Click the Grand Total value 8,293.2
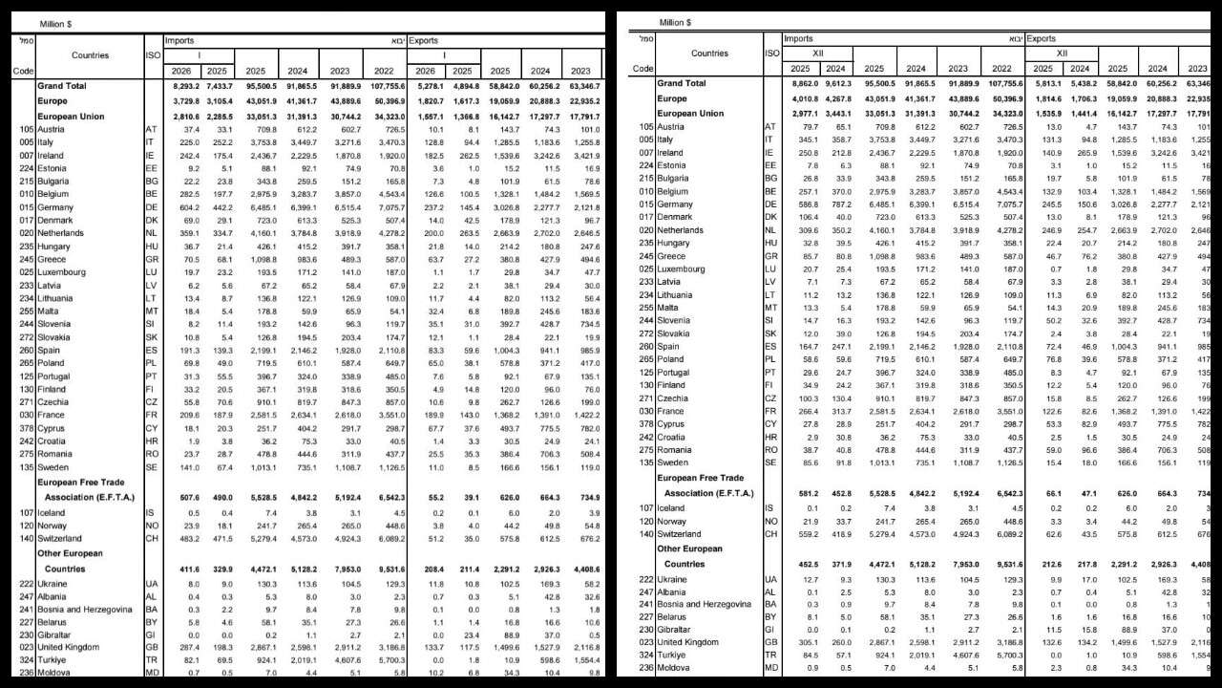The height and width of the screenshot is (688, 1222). tap(183, 86)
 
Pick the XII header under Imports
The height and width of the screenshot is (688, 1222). tap(817, 54)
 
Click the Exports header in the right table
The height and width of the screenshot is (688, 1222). tap(1043, 39)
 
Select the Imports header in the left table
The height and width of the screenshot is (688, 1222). tap(179, 41)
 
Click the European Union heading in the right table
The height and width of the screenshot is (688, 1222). tap(689, 113)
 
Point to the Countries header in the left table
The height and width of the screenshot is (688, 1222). tap(90, 55)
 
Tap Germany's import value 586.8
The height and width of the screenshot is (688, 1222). tap(804, 204)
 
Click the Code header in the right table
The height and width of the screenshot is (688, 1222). tap(643, 68)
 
